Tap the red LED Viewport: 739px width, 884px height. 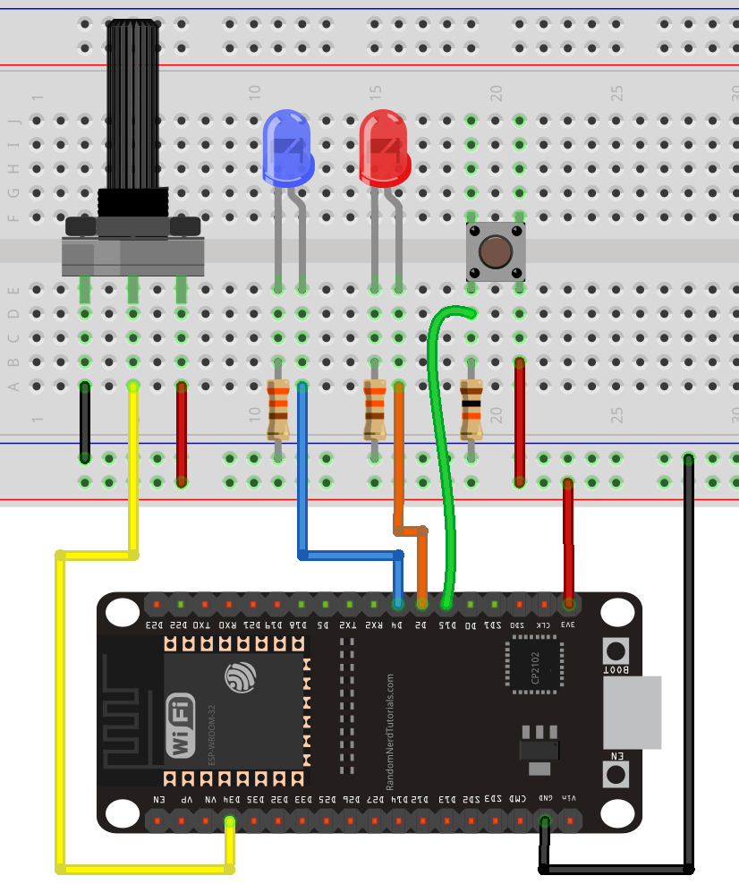tap(384, 148)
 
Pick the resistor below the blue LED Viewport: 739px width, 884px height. tap(278, 410)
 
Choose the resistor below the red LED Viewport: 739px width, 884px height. tap(374, 410)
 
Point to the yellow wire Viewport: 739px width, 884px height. tap(61, 716)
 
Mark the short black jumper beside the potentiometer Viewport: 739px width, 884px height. tap(85, 421)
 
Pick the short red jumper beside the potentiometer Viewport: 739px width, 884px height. tap(182, 433)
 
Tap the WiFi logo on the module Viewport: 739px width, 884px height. tap(180, 725)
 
